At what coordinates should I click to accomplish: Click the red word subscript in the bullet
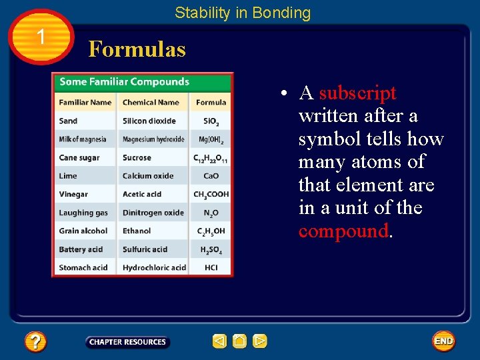point(357,93)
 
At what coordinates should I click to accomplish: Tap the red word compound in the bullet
point(343,231)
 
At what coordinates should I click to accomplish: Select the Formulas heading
point(137,49)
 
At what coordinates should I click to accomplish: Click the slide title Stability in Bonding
point(243,13)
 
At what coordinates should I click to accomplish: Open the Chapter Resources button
point(127,342)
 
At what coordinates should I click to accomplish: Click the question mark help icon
point(35,342)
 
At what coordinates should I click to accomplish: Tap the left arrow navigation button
point(219,341)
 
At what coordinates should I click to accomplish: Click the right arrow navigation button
point(260,341)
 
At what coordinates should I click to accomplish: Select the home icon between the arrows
point(240,341)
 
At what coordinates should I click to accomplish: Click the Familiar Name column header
point(85,102)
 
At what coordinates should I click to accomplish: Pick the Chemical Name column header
point(151,102)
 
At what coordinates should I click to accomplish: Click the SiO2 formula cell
point(211,121)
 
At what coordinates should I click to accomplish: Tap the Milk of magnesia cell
point(82,139)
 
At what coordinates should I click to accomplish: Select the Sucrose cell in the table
point(137,158)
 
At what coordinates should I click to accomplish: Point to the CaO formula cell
point(211,176)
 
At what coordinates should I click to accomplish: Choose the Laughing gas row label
point(83,213)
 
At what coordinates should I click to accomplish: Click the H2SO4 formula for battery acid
point(211,250)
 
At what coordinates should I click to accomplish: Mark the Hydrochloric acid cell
point(154,267)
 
